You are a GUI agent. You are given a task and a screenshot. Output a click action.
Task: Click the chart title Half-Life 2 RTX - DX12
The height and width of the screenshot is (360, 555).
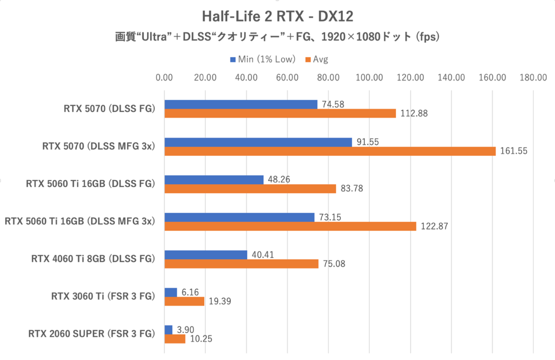[277, 16]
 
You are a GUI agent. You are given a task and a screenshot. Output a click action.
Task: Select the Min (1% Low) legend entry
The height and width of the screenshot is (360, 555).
[262, 59]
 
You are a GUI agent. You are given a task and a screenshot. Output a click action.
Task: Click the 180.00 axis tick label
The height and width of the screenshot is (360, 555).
[533, 78]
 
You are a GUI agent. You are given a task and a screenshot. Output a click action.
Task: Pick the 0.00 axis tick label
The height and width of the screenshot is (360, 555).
[165, 78]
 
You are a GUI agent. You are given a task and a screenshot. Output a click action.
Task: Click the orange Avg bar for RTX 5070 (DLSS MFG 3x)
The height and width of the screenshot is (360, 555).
[330, 151]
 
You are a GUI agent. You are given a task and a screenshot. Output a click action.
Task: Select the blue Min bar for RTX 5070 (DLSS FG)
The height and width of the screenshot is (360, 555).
[241, 104]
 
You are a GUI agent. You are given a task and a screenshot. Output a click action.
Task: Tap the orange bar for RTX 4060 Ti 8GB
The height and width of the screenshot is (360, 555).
[241, 263]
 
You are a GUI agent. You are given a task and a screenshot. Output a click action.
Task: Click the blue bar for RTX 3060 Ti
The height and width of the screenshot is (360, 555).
[171, 292]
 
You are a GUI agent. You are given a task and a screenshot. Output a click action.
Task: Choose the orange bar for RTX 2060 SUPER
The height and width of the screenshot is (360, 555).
[175, 339]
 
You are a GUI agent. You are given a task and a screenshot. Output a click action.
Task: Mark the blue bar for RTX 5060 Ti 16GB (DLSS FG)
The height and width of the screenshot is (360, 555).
[214, 179]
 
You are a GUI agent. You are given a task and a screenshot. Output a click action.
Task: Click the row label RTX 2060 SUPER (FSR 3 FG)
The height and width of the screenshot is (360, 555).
[91, 334]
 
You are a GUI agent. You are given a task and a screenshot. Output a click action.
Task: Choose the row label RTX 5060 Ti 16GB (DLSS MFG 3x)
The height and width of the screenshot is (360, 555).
[79, 221]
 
